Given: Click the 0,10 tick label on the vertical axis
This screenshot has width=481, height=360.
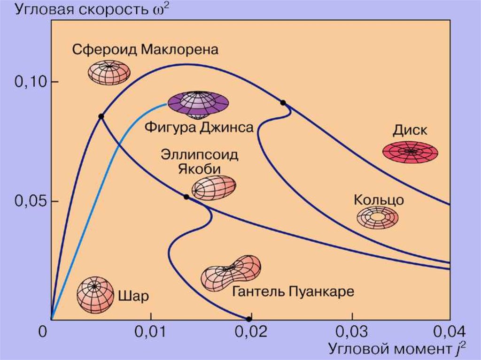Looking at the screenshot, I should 28,83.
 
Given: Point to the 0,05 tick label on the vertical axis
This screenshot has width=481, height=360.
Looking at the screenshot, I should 28,202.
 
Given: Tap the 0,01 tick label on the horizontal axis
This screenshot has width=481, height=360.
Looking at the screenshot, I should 150,330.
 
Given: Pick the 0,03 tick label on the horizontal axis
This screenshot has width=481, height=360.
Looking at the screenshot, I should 351,330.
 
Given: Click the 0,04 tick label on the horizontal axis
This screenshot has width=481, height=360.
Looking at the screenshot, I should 450,330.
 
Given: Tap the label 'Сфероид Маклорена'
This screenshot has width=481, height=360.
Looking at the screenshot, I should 145,49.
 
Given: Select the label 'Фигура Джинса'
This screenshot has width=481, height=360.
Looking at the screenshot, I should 199,127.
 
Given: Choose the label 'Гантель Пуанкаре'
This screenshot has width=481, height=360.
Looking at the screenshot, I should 293,291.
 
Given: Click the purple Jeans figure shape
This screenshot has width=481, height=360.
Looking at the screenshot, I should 198,104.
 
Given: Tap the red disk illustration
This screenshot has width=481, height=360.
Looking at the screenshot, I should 411,152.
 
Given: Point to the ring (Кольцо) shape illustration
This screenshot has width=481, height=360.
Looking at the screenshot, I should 377,217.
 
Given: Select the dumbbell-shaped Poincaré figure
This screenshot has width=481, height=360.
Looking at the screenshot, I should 231,273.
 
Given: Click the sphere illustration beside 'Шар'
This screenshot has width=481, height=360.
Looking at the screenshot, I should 95,295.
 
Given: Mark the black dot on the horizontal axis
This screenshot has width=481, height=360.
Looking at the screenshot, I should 249,319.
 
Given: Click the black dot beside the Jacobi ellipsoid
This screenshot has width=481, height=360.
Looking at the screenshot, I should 186,197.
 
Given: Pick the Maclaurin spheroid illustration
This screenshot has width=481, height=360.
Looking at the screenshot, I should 109,72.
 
